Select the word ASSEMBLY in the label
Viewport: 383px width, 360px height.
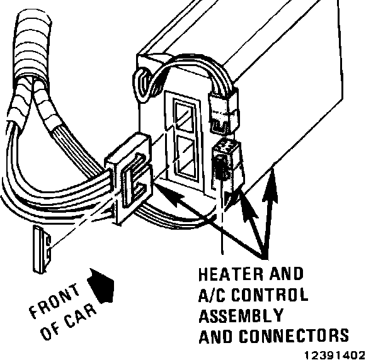(240, 315)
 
